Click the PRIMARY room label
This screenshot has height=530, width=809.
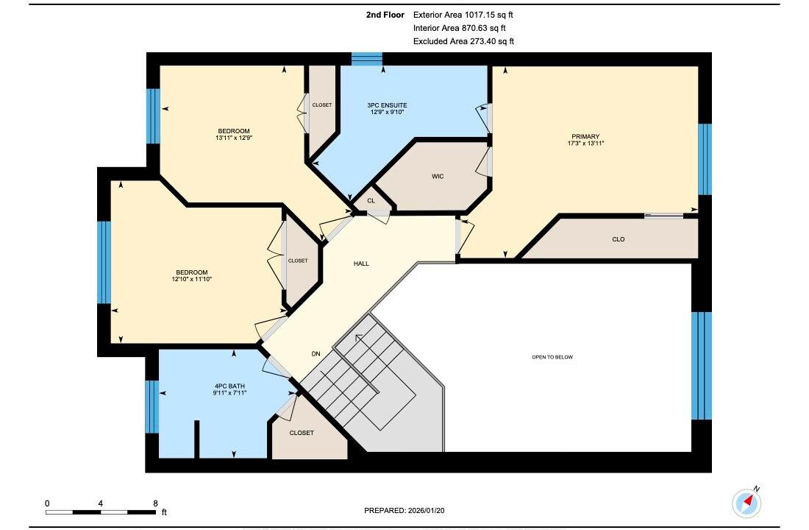click(585, 136)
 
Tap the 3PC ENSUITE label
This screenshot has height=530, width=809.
click(387, 105)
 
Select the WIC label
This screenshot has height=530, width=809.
click(438, 177)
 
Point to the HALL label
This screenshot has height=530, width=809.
click(361, 264)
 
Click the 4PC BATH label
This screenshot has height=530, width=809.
click(229, 386)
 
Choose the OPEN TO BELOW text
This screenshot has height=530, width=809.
click(552, 357)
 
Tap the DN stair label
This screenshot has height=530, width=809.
click(316, 354)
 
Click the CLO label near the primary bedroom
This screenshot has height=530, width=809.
click(618, 239)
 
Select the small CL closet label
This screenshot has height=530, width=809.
click(371, 200)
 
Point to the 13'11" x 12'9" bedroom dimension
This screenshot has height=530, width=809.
click(234, 138)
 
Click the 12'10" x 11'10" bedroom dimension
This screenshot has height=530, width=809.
click(192, 279)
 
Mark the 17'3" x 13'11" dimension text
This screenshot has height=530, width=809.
click(585, 143)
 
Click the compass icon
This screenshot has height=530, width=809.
click(746, 502)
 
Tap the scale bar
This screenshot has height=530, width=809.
click(101, 512)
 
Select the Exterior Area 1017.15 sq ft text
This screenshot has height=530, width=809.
click(463, 15)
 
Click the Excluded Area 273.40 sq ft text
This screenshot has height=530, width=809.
click(464, 41)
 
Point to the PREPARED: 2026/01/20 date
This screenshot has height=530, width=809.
click(404, 510)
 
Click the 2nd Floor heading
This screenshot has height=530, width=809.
click(385, 15)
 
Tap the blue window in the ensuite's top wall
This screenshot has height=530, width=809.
click(367, 59)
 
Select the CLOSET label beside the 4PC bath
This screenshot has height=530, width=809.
click(302, 433)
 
